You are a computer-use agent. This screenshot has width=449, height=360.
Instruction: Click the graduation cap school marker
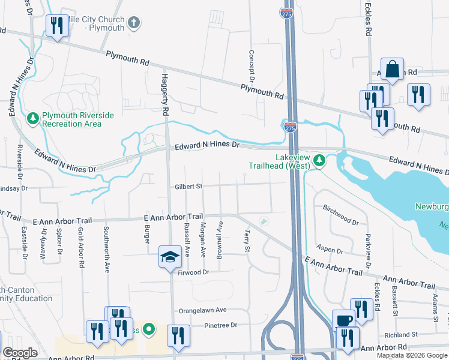170,257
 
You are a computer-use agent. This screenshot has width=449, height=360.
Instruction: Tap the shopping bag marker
392,70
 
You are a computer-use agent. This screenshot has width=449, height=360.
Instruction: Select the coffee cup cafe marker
344,320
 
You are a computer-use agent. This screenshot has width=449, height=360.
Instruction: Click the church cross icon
134,23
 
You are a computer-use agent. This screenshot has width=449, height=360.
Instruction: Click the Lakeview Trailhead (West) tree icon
320,160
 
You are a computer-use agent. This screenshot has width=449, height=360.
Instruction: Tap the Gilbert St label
188,187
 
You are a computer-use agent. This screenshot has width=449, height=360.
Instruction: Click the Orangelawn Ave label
203,310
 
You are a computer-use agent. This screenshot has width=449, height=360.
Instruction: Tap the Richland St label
402,334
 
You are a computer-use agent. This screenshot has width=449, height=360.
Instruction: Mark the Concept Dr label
252,66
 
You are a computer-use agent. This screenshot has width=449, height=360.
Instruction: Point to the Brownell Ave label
220,235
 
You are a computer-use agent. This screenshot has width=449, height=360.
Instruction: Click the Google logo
20,353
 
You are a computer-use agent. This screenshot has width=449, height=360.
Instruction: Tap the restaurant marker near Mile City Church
57,26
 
